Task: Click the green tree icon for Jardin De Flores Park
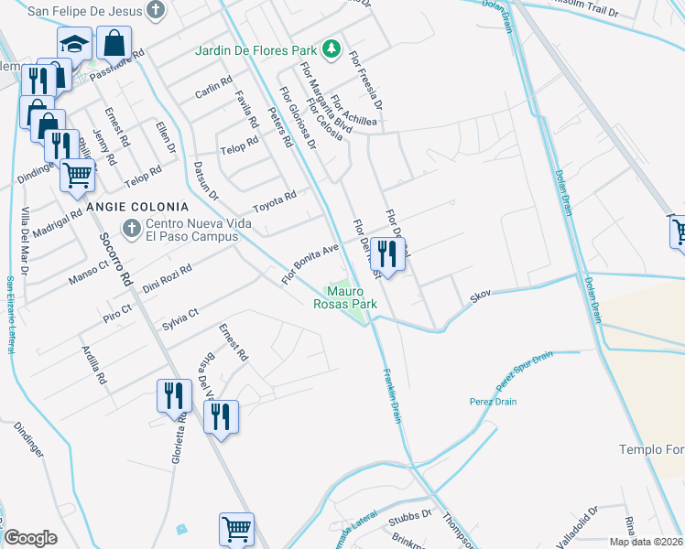[336, 48]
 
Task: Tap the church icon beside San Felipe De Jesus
[157, 11]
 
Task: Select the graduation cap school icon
[74, 43]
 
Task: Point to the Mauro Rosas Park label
[345, 296]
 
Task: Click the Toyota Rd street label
[275, 199]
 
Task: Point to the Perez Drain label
[494, 401]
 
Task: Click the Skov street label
[481, 295]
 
